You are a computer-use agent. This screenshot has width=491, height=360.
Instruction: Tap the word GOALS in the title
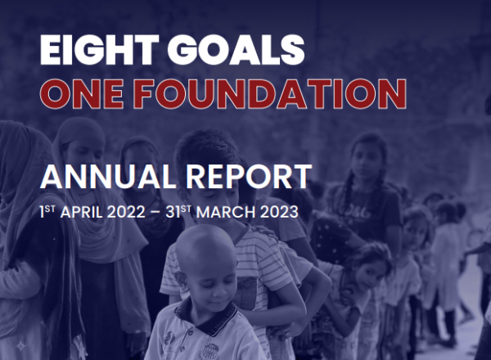coord(236,49)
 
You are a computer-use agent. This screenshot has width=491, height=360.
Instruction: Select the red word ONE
coord(81,94)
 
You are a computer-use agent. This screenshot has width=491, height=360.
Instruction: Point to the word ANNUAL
coord(108,177)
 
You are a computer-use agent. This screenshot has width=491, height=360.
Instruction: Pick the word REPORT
coord(249,177)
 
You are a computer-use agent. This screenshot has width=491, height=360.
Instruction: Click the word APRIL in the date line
coord(81,212)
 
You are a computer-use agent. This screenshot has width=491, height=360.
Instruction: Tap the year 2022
coord(126,212)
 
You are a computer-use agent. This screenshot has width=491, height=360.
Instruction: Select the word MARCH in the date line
coord(226,212)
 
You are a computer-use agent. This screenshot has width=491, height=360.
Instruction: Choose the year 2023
coord(279,212)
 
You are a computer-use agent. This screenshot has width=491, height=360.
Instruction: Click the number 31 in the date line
coord(173,212)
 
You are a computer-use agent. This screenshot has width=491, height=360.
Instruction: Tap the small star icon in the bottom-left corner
coord(21,345)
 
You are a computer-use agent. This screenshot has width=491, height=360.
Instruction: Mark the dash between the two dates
coord(155,213)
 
